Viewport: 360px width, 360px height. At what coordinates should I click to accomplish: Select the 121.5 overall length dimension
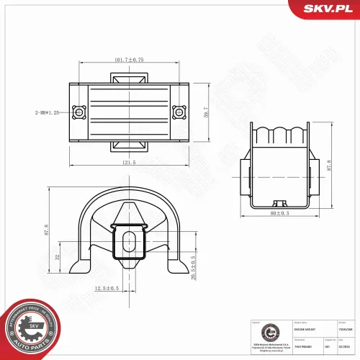[x=129, y=162]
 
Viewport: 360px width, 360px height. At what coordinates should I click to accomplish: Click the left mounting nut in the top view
[x=78, y=112]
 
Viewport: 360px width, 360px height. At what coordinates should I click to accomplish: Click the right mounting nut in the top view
[x=178, y=112]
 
